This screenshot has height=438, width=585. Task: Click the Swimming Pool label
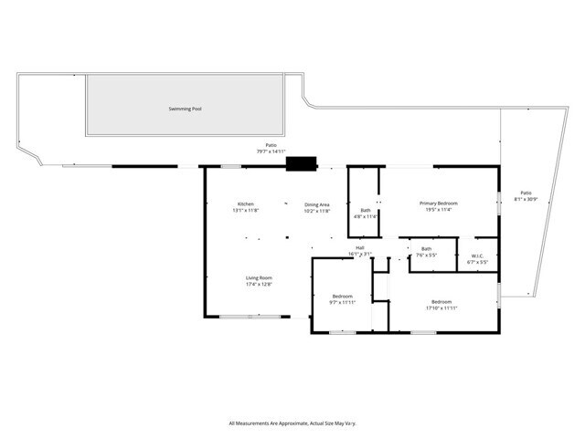point(186,109)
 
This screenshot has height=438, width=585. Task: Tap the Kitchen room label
point(246,203)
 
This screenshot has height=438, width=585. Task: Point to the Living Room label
point(259,277)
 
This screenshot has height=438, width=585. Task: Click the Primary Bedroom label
point(439,203)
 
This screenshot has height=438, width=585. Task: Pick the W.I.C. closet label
point(477,255)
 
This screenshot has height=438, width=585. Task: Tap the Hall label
point(360,248)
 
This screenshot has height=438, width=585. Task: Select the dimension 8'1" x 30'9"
point(526,199)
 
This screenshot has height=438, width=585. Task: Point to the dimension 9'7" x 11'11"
point(342,302)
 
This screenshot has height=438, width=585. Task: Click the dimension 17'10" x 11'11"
point(441,308)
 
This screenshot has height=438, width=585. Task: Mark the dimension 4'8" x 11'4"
point(366,217)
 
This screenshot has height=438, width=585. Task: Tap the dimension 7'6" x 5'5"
point(427,255)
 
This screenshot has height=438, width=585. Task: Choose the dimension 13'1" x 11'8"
point(246,211)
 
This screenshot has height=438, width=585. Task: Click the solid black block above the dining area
point(301,164)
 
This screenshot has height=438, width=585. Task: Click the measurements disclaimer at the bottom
point(292,423)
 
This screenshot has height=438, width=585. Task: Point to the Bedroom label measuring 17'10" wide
point(441,301)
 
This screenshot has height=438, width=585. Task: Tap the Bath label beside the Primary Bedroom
point(366,211)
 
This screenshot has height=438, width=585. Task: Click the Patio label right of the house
point(526,193)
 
